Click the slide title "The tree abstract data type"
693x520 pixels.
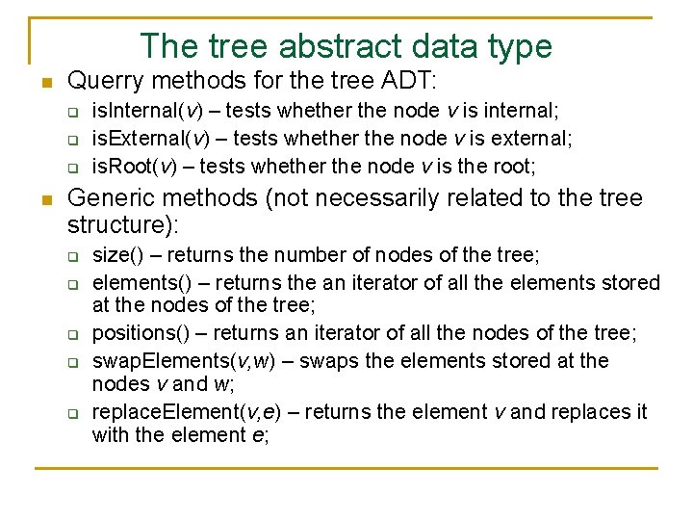[346, 45]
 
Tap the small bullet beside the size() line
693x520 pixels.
[72, 256]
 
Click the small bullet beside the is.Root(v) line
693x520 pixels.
[72, 167]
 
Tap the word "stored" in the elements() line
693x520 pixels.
[629, 282]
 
